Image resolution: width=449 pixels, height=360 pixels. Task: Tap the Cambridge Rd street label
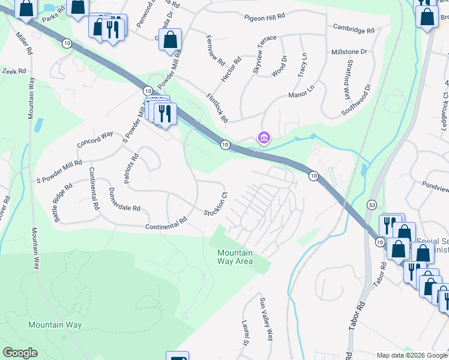pyautogui.click(x=354, y=29)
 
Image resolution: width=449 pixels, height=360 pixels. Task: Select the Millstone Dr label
pyautogui.click(x=349, y=52)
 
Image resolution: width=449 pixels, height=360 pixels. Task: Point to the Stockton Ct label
pyautogui.click(x=216, y=204)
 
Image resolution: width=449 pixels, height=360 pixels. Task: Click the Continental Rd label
pyautogui.click(x=166, y=224)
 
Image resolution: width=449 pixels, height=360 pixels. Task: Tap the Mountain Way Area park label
pyautogui.click(x=235, y=257)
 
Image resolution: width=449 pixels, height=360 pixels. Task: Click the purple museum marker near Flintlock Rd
pyautogui.click(x=263, y=139)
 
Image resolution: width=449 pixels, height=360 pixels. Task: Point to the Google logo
pyautogui.click(x=20, y=353)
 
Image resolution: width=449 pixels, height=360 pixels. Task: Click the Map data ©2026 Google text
pyautogui.click(x=411, y=355)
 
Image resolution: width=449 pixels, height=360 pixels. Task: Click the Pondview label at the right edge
pyautogui.click(x=435, y=187)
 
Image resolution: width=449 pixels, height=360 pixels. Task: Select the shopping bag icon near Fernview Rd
pyautogui.click(x=171, y=40)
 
